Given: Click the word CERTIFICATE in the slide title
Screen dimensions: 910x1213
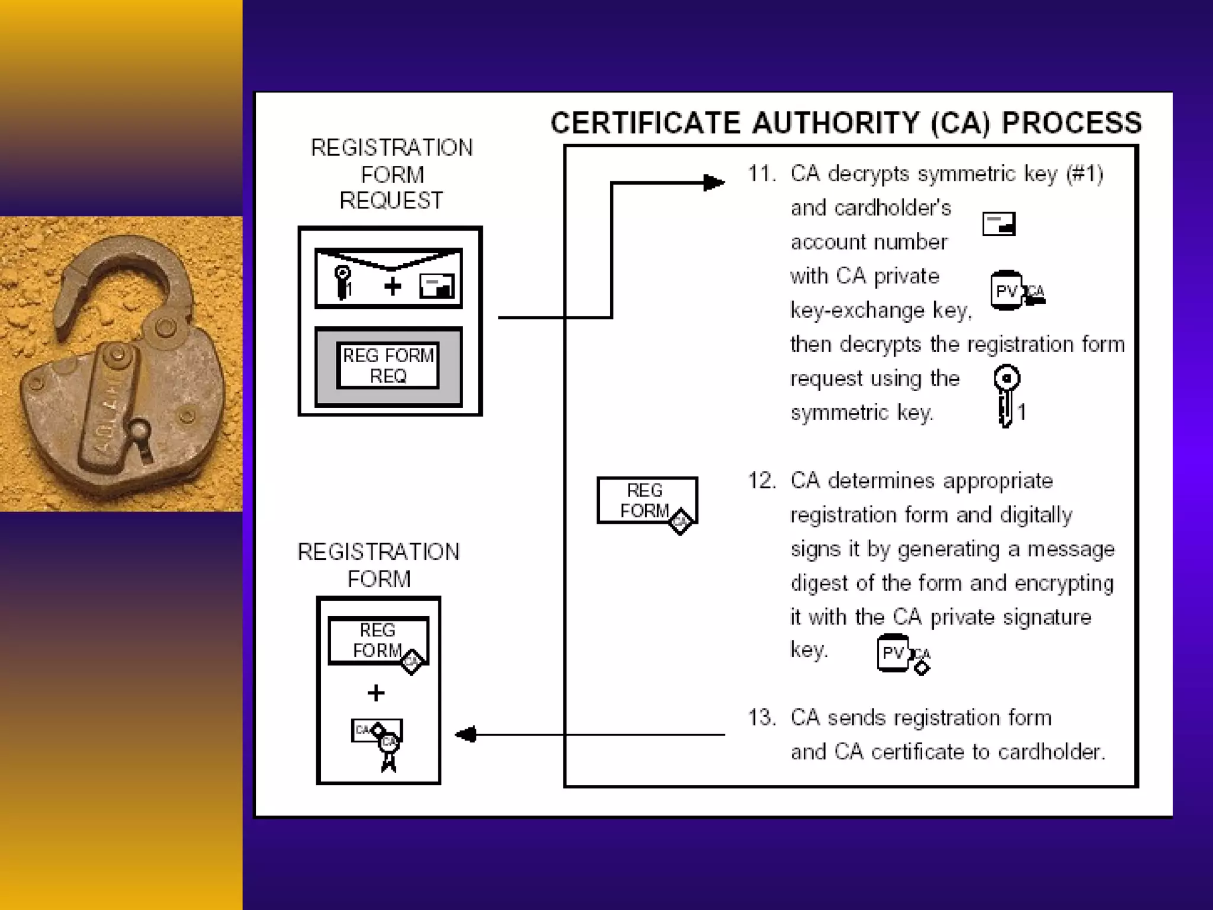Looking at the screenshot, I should pyautogui.click(x=645, y=123).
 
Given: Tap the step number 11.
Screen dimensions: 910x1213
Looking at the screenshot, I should pyautogui.click(x=761, y=174).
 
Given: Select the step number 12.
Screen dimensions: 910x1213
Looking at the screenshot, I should pyautogui.click(x=761, y=481).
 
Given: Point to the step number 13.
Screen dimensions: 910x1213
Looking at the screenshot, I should pyautogui.click(x=761, y=718).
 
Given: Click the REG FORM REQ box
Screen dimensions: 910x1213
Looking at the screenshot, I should pyautogui.click(x=388, y=366).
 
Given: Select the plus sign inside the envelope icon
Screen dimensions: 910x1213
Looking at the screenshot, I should pyautogui.click(x=392, y=287).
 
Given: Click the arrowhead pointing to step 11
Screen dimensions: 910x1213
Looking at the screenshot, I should pyautogui.click(x=714, y=183).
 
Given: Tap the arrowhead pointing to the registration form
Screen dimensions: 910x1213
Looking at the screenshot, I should pyautogui.click(x=466, y=735).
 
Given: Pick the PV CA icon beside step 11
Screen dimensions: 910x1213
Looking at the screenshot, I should pyautogui.click(x=1016, y=291).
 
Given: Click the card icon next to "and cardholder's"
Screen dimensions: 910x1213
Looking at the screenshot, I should pyautogui.click(x=999, y=224).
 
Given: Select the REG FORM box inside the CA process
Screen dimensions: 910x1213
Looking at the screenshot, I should pyautogui.click(x=647, y=501).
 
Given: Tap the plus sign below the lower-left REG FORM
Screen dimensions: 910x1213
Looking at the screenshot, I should pyautogui.click(x=376, y=693).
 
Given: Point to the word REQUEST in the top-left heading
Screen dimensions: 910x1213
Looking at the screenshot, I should pyautogui.click(x=391, y=201).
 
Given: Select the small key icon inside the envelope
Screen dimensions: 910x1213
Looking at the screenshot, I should pyautogui.click(x=342, y=282).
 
